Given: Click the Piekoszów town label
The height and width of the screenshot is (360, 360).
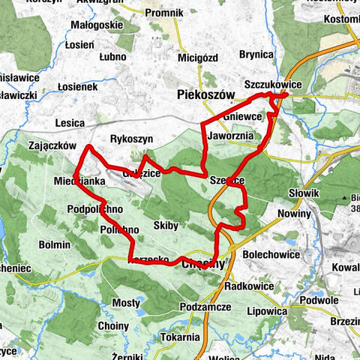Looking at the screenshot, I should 205,94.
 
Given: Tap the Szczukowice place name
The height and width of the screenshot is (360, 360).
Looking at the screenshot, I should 273,85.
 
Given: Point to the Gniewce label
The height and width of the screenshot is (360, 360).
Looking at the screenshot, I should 243,117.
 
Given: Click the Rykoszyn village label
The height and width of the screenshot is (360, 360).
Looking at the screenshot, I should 131,139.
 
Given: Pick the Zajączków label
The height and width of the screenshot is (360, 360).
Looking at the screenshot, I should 48,145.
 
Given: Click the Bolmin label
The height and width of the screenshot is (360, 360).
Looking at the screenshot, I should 55,244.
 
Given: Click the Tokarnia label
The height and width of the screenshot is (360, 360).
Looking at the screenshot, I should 179,337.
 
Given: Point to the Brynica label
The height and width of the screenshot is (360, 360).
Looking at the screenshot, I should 256,54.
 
